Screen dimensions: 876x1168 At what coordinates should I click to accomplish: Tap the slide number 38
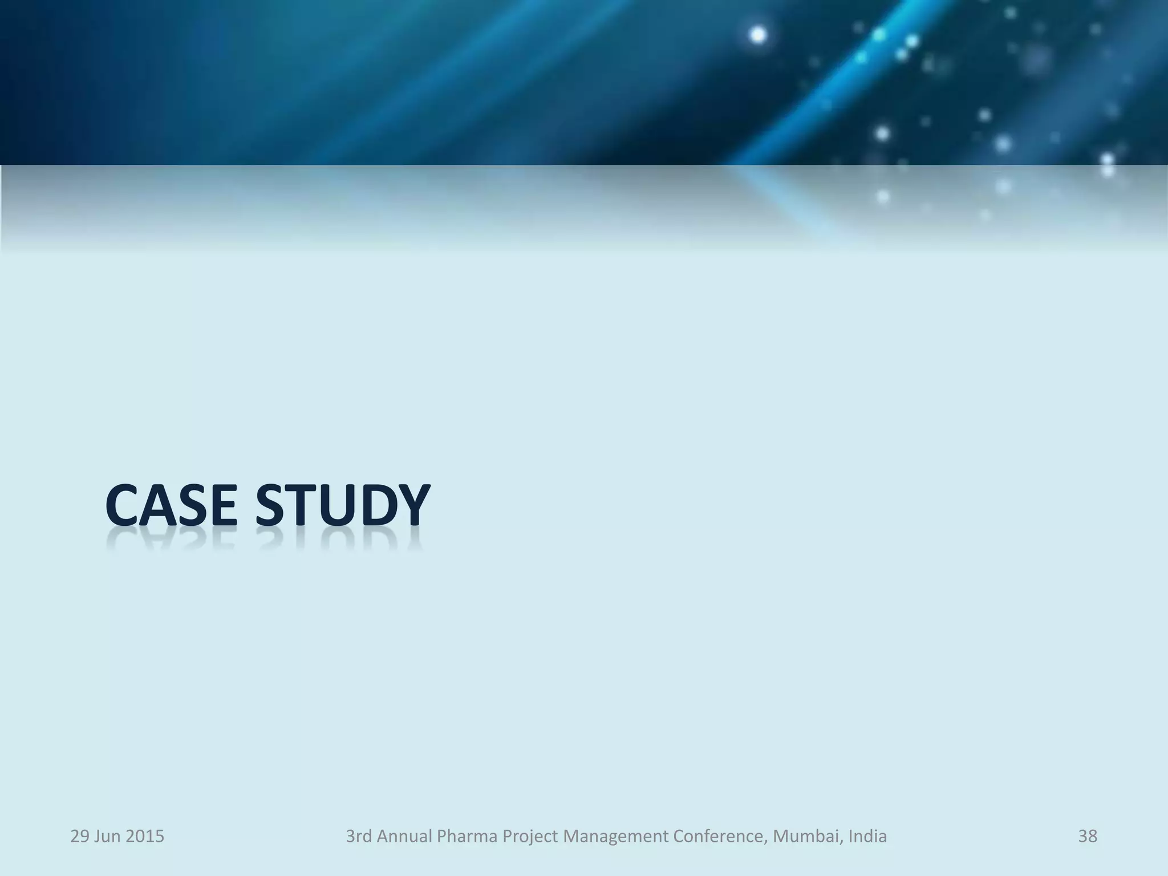1087,836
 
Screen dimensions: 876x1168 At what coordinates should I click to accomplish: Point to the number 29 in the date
79,836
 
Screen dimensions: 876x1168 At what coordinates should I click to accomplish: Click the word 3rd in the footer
359,836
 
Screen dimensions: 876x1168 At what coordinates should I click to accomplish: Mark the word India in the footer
867,836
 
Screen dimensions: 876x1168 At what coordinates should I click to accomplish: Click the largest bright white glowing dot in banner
757,35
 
